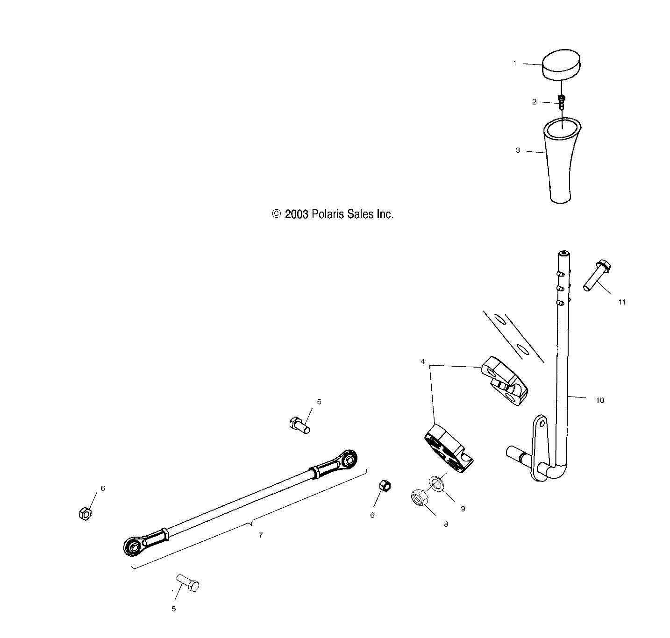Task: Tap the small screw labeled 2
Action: tap(562, 101)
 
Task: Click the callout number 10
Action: tap(600, 400)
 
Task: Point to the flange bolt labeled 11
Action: tap(596, 276)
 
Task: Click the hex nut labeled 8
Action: tap(419, 498)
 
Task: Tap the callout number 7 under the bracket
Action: tap(260, 535)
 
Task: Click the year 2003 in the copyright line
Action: tap(296, 214)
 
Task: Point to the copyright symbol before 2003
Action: tap(277, 214)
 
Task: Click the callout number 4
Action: tap(422, 362)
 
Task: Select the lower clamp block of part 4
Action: tap(448, 449)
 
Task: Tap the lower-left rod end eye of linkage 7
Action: tap(133, 546)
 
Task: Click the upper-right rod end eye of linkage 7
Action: tap(348, 460)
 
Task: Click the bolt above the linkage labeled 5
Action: tap(299, 425)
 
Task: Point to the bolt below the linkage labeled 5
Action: tap(188, 583)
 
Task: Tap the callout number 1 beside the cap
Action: tap(515, 63)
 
